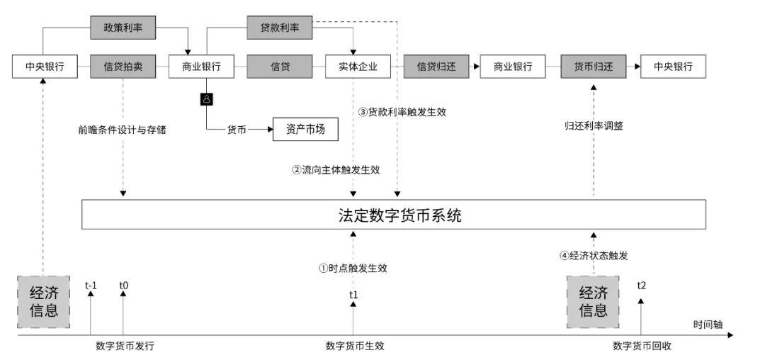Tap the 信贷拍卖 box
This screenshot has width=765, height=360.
click(123, 67)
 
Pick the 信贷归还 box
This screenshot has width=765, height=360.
click(436, 67)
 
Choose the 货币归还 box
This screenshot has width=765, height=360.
click(594, 67)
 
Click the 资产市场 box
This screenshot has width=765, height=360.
click(305, 130)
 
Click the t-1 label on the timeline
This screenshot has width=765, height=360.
click(91, 286)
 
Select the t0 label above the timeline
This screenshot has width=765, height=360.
click(123, 286)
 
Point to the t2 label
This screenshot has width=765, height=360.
click(642, 285)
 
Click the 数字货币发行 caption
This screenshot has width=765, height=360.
click(125, 346)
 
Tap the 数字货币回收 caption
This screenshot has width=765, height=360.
click(642, 346)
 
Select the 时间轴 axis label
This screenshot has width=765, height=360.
click(708, 324)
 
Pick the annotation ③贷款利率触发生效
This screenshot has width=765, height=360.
click(402, 112)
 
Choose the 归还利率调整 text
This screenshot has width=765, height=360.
click(594, 126)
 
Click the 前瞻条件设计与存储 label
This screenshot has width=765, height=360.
click(123, 130)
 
